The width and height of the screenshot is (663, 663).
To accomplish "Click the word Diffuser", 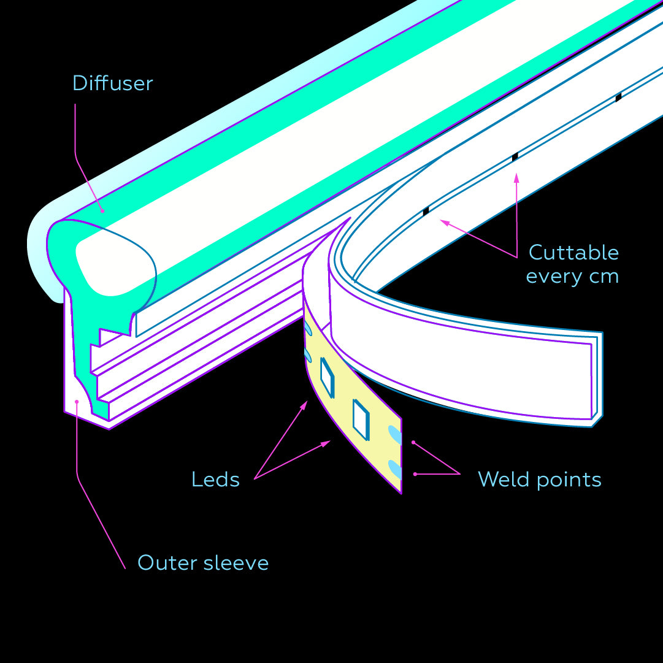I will coord(112,83).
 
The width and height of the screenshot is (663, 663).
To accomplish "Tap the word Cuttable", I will coord(573,252).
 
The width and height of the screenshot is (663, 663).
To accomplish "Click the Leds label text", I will coord(215,479).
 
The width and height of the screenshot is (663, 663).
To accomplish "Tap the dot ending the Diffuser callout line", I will coord(102,210).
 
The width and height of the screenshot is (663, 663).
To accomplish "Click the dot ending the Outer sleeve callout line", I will coord(77,402).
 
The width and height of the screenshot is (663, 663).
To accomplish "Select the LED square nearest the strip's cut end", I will coord(361,419).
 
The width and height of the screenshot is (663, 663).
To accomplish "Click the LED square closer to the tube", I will coord(327,378).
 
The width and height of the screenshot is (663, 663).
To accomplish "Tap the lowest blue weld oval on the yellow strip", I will coord(394,469).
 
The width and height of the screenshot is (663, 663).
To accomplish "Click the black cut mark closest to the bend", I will coord(426,211).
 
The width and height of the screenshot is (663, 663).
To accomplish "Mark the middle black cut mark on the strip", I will coord(515,157).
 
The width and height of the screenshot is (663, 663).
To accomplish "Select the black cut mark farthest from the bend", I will coord(618,97).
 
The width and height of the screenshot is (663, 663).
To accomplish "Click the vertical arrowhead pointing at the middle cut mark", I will coord(516,178).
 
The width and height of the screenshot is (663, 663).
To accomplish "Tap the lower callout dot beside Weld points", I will coord(415,473).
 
